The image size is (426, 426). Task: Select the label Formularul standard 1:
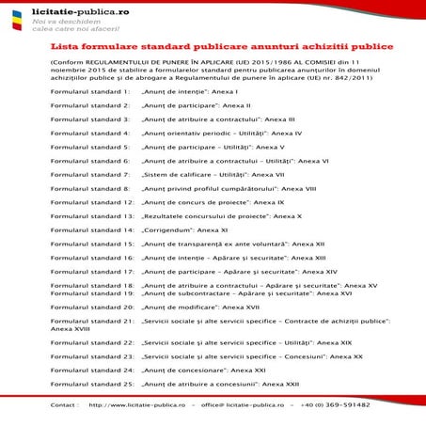point(90,92)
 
